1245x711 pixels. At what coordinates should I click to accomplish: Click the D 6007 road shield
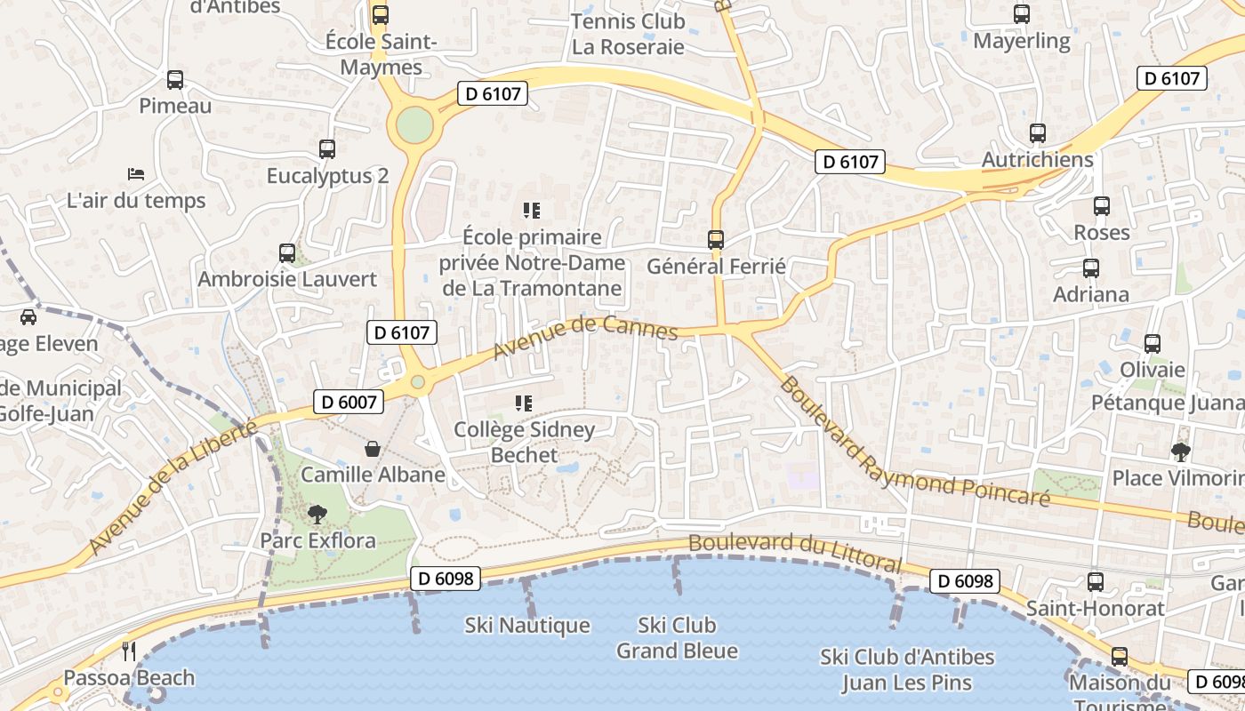point(349,402)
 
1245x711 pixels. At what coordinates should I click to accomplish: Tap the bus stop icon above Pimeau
point(175,80)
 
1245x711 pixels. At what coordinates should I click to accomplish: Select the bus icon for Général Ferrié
point(716,239)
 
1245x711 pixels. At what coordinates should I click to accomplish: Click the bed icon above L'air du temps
point(136,172)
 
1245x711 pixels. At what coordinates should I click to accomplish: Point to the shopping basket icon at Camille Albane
point(373,449)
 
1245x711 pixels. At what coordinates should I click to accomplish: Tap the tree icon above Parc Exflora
point(317,514)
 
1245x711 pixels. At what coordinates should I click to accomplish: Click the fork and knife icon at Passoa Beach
point(129,651)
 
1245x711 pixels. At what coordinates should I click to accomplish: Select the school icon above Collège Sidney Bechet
point(524,403)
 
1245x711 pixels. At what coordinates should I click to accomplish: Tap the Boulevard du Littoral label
point(795,553)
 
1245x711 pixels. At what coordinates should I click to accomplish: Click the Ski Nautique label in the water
point(527,626)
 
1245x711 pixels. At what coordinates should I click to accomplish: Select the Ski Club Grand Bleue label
point(677,638)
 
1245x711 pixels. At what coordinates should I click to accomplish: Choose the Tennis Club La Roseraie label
point(628,34)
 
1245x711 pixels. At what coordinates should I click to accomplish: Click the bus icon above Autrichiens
point(1037,133)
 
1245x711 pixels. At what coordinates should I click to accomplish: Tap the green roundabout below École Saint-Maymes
point(414,124)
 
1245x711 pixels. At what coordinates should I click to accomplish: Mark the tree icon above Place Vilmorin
point(1181,451)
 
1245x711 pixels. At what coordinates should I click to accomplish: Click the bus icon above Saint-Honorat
point(1096,582)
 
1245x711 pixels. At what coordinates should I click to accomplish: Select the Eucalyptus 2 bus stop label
point(327,176)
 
